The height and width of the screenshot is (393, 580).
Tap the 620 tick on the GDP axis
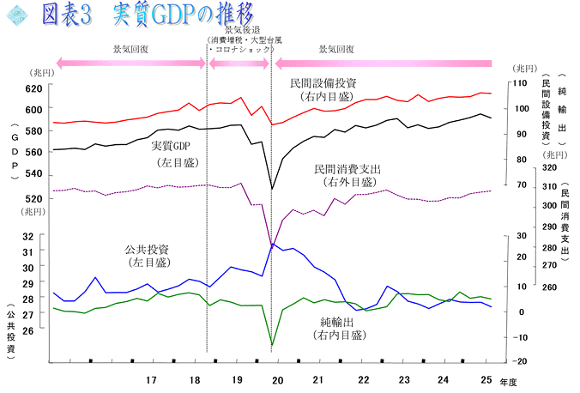[33, 88]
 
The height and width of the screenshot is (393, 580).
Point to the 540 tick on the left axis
[33, 174]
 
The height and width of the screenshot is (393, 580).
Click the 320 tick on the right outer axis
[549, 168]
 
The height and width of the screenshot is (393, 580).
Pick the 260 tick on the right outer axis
[549, 288]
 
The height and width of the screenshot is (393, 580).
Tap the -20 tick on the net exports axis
[521, 361]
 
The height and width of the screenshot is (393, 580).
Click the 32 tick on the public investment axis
[28, 236]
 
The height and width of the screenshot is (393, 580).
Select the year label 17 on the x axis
[151, 379]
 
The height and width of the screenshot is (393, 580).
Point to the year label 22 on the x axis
[363, 379]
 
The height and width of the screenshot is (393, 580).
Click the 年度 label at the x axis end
[508, 381]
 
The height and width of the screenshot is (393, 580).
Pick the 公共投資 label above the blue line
[147, 250]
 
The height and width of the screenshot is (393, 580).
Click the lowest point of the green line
[272, 346]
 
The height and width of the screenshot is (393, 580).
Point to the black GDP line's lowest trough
[272, 189]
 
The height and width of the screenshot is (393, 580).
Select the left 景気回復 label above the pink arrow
[131, 49]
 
